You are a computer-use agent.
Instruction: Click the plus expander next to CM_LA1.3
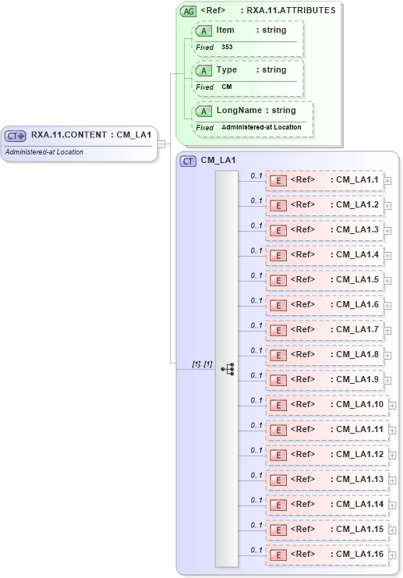(x=387, y=232)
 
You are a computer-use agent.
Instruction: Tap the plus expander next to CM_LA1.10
(x=393, y=406)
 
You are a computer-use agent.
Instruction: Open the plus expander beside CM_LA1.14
(x=393, y=505)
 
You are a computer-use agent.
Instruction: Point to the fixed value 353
(x=227, y=48)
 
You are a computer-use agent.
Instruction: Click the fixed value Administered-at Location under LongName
(x=261, y=127)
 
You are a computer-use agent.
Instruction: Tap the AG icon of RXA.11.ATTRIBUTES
(x=188, y=12)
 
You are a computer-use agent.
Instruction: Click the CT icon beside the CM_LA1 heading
(x=188, y=161)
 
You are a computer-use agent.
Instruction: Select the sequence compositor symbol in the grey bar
(x=227, y=369)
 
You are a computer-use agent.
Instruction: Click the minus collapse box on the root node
(x=161, y=144)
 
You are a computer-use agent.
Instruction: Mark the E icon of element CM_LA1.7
(x=278, y=331)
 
